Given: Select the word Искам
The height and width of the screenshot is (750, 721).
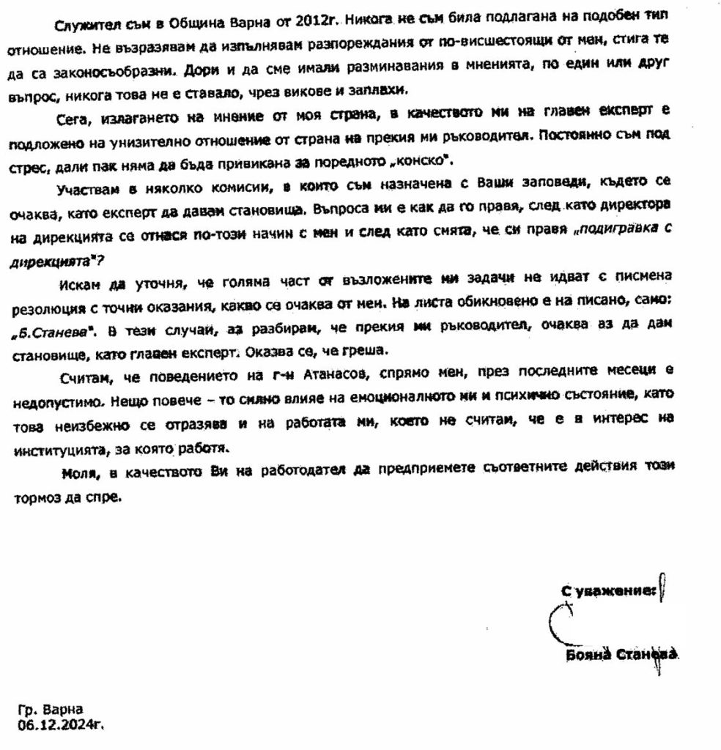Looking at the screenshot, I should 79,282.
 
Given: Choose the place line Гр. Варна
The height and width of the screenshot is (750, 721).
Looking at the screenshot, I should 51,709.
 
